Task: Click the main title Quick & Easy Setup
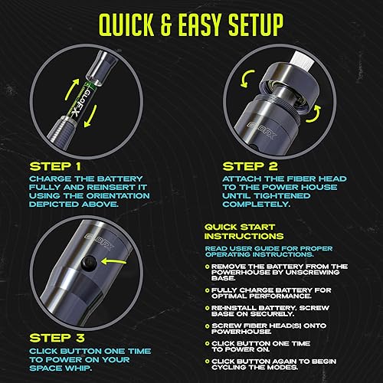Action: [191, 23]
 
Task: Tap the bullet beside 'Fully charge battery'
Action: [209, 290]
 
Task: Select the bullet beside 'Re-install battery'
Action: [209, 308]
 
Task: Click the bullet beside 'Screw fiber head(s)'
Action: [209, 327]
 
